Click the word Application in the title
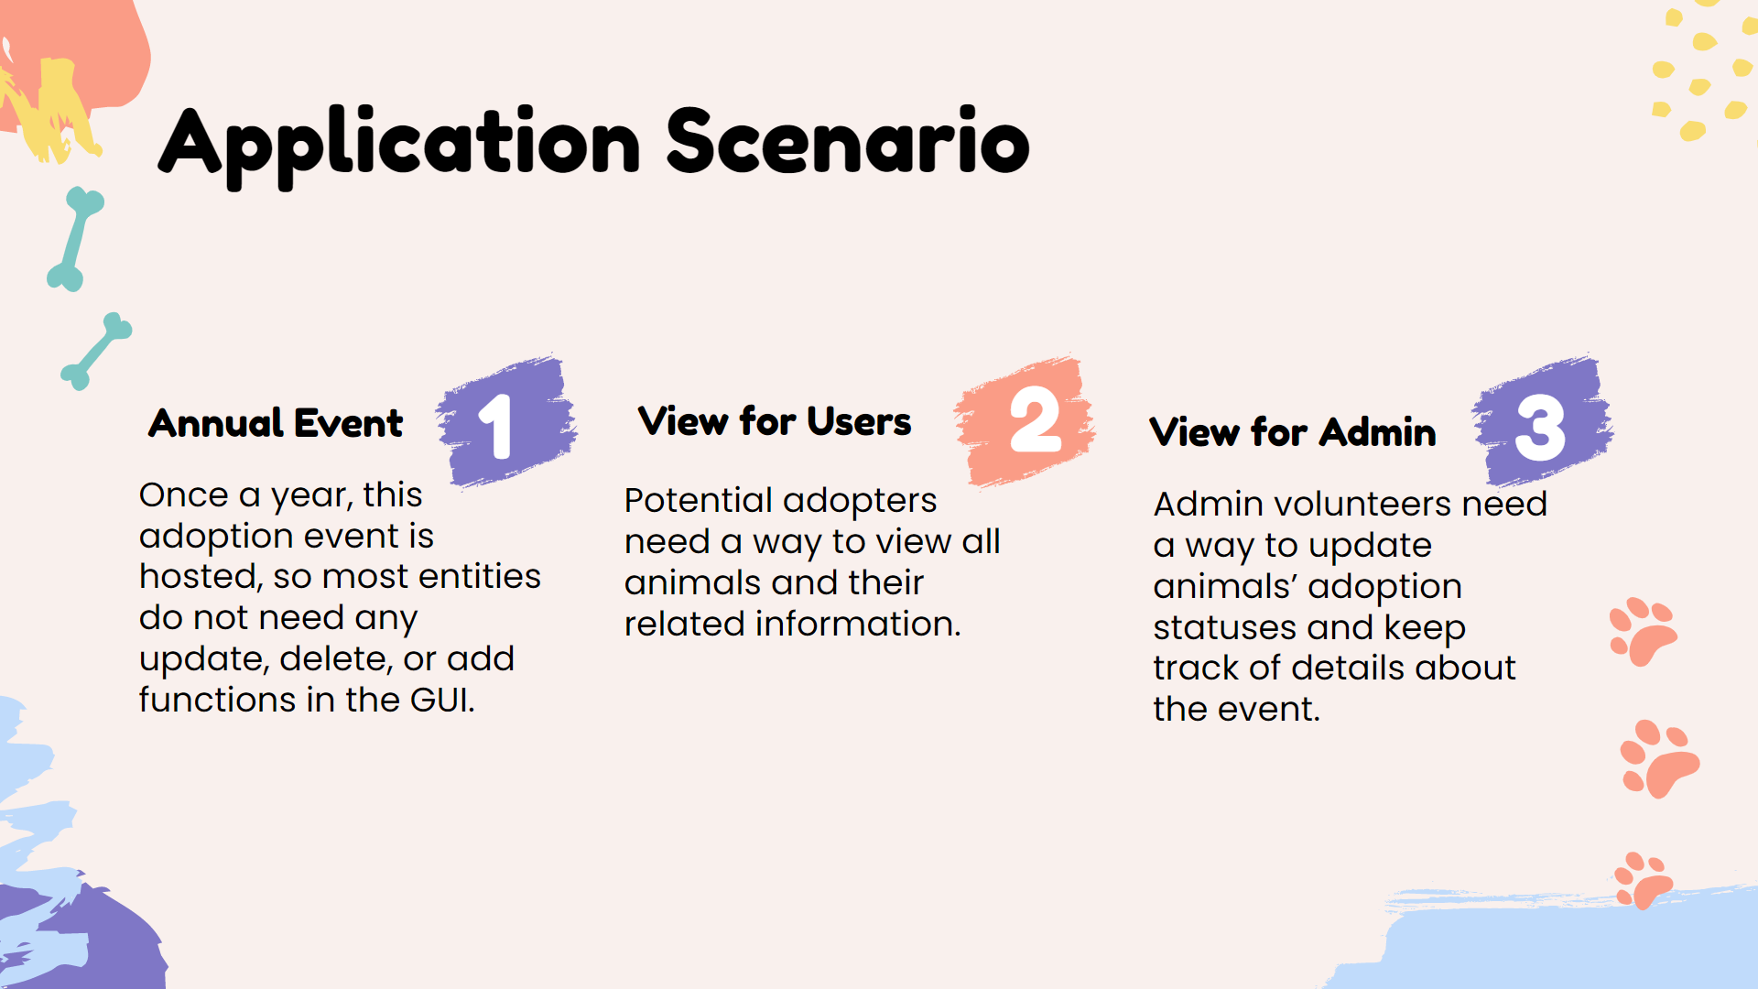(400, 146)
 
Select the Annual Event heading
(276, 423)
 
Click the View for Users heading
(775, 421)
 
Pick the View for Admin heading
(1293, 432)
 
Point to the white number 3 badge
(1541, 428)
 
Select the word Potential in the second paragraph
(699, 501)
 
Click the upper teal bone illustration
(76, 239)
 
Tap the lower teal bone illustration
(96, 352)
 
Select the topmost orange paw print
(1643, 631)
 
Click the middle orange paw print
(1659, 759)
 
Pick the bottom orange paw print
(1644, 880)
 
